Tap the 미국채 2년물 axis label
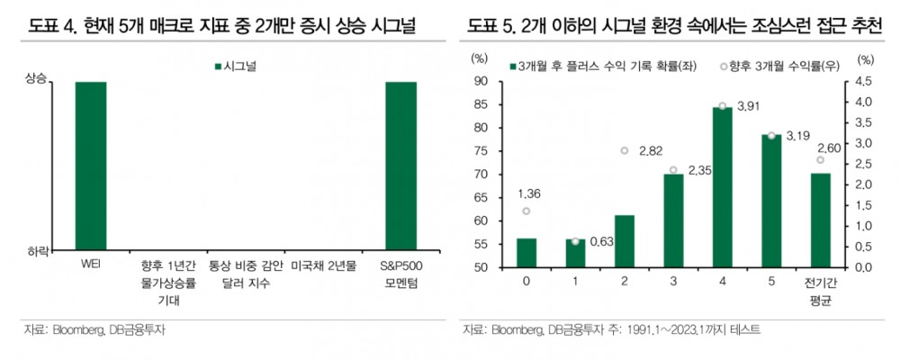[x=323, y=267]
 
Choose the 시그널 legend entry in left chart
[x=236, y=66]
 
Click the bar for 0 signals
[x=526, y=253]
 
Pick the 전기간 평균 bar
[x=821, y=220]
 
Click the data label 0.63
[x=601, y=241]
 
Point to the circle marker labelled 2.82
[x=625, y=150]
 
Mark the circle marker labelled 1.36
[x=526, y=211]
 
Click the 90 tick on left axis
[x=481, y=81]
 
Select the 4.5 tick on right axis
[x=863, y=81]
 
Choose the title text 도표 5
[x=490, y=25]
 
